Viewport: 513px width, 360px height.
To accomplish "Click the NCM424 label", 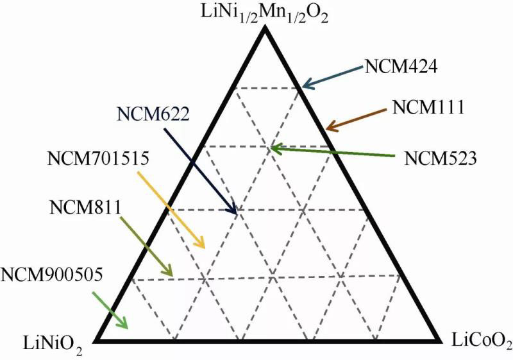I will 401,67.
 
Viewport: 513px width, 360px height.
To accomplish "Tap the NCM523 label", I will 441,157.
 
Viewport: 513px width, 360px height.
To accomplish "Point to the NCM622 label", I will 153,114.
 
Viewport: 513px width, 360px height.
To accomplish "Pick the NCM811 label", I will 81,207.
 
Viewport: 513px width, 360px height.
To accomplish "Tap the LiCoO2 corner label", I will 480,338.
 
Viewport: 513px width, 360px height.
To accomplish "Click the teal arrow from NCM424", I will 333,74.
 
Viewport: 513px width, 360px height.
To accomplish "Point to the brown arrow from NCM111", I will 357,119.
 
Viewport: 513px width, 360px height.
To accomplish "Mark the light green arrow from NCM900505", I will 110,309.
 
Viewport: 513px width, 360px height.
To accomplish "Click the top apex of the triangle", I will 265,30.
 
